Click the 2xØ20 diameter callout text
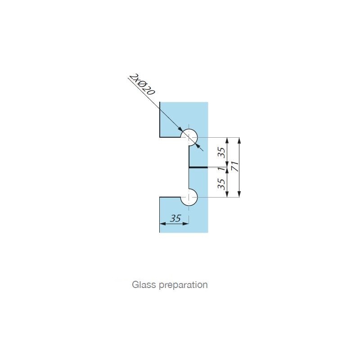coord(142,84)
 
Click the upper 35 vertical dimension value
coord(221,153)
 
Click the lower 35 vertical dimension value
coord(221,184)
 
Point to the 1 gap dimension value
coord(221,169)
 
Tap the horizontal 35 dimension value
coord(175,218)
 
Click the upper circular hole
coord(189,138)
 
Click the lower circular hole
coord(189,197)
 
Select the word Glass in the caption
coord(144,285)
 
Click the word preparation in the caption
coord(184,285)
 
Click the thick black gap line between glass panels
coord(198,167)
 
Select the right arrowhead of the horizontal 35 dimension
coord(185,224)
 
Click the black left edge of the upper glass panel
coord(160,119)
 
